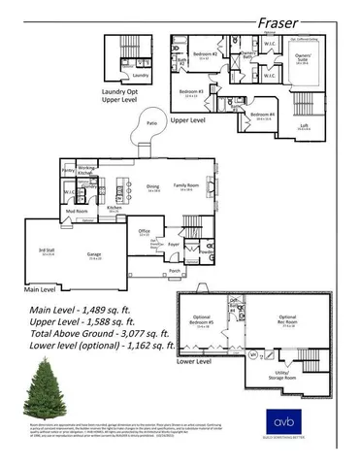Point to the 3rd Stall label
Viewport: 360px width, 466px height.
[47, 251]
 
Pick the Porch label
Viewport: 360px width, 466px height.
[174, 270]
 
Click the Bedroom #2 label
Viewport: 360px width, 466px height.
[203, 53]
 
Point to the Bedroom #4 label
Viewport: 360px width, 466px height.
[262, 114]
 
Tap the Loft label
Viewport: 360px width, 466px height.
[304, 124]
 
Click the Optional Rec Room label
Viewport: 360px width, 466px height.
[288, 319]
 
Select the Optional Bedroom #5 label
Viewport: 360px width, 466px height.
[202, 321]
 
